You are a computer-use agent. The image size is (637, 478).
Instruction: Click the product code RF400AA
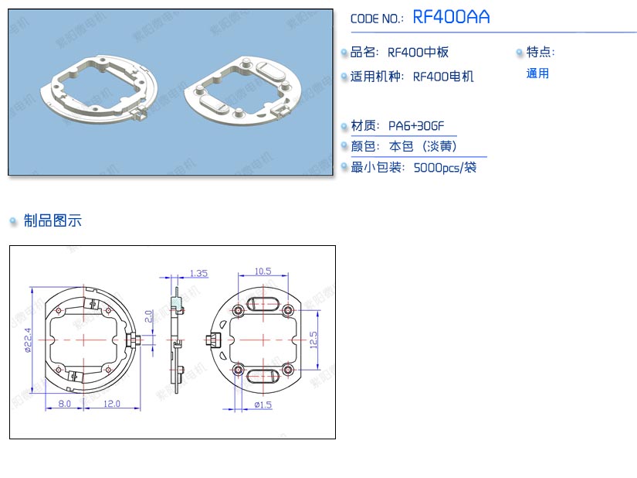[x=452, y=17]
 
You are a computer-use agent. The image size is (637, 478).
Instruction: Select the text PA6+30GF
[x=416, y=126]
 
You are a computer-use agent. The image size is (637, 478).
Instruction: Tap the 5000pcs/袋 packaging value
[x=445, y=167]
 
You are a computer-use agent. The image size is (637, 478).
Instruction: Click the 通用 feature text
[x=537, y=73]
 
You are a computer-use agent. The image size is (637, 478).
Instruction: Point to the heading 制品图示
[x=52, y=221]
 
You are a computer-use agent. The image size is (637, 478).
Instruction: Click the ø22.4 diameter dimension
[x=27, y=340]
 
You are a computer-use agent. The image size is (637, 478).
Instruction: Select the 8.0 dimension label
[x=64, y=404]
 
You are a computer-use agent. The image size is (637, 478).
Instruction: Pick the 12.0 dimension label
[x=112, y=404]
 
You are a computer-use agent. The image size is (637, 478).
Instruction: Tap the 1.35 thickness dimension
[x=198, y=273]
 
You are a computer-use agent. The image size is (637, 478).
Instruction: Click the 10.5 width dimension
[x=263, y=271]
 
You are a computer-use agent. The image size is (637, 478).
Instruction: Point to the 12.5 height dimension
[x=313, y=339]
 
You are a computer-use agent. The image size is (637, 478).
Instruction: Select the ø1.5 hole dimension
[x=263, y=405]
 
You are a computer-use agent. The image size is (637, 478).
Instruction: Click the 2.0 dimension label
[x=149, y=316]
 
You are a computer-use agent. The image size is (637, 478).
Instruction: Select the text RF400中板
[x=418, y=53]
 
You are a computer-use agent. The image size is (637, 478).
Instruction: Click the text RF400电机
[x=443, y=77]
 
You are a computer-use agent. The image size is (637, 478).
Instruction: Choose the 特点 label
[x=540, y=53]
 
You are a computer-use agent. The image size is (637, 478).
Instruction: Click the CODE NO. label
[x=377, y=19]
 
